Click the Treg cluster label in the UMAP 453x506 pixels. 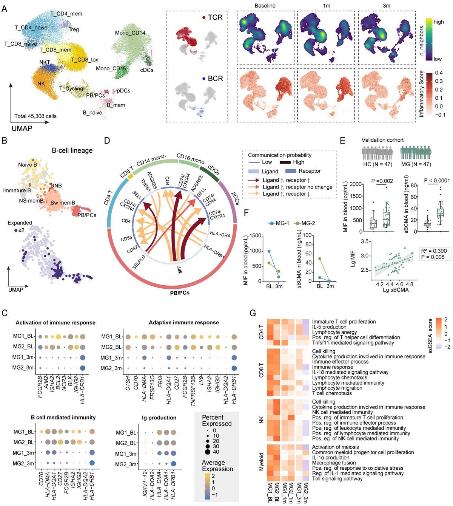coord(74,29)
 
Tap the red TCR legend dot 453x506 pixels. coord(203,17)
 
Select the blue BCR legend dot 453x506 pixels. coord(203,79)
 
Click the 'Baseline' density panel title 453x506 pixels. coord(265,6)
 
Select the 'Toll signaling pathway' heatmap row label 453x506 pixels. coord(337,478)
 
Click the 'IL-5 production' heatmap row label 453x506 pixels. coord(329,327)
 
